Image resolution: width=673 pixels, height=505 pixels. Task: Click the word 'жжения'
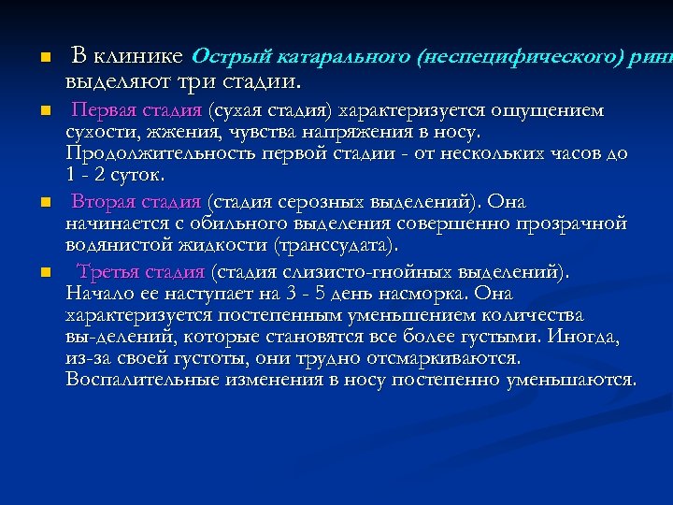[171, 133]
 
